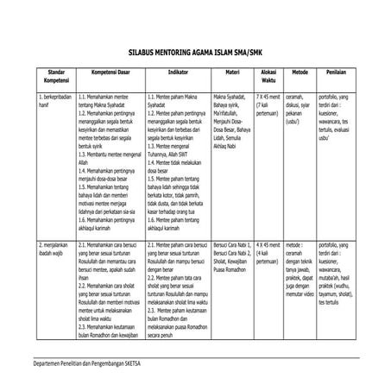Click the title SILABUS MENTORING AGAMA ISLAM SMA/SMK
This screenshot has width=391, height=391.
[x=194, y=53]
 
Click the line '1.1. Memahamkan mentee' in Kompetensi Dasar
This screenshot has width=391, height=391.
[x=108, y=98]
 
